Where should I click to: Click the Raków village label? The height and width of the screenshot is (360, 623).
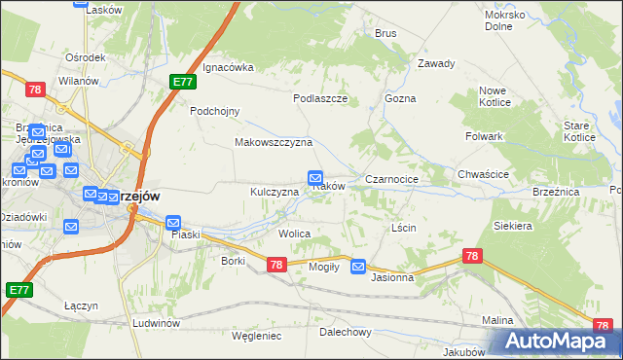tap(329, 187)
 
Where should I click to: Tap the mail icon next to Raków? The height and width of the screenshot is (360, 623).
tap(315, 178)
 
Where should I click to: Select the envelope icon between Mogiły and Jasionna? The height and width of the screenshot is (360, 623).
tap(358, 266)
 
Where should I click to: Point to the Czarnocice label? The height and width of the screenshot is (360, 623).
tap(391, 180)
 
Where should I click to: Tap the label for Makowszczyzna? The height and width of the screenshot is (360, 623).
tap(273, 142)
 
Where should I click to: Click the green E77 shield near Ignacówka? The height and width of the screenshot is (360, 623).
tap(182, 83)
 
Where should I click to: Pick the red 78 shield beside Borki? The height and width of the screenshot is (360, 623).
tap(275, 265)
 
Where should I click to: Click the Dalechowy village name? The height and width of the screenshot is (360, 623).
tap(346, 332)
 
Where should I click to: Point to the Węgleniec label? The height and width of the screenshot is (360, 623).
tap(257, 336)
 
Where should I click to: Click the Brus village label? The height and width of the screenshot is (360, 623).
tap(385, 33)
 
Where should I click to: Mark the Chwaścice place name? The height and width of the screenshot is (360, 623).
tap(483, 174)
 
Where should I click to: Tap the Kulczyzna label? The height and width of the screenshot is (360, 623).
tap(274, 193)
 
